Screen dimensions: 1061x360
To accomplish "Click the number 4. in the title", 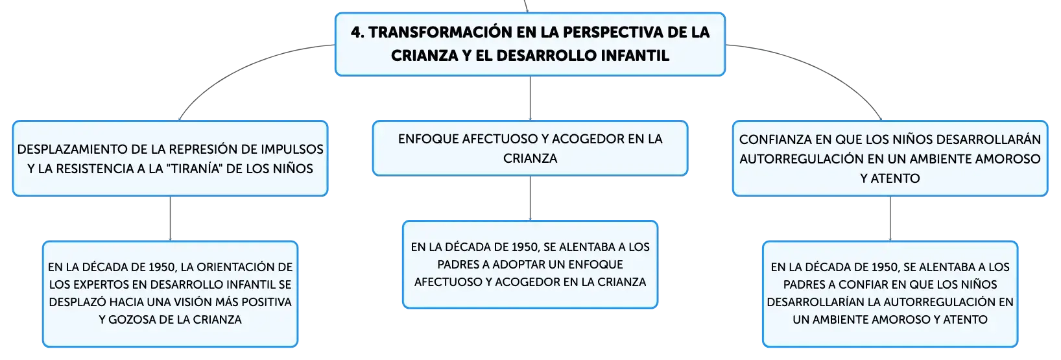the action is click(x=357, y=32).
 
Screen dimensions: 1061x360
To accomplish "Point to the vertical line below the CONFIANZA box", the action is click(x=890, y=219).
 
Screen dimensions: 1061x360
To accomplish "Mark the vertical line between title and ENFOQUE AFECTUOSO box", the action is click(x=530, y=99).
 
